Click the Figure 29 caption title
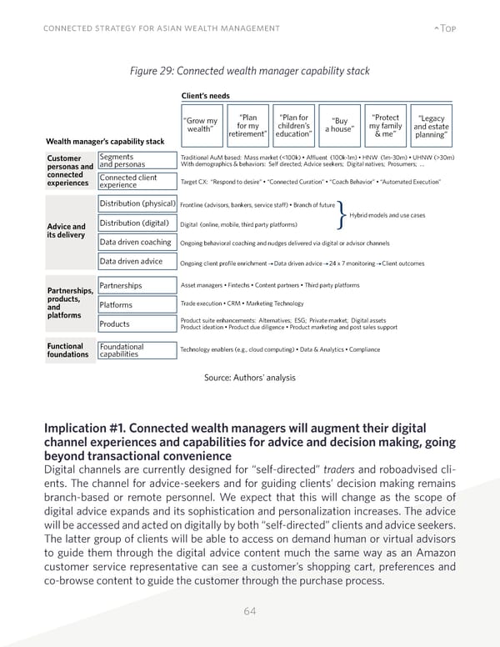249,71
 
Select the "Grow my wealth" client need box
201,124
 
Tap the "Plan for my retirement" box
247,124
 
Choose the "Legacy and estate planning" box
431,124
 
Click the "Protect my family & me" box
386,124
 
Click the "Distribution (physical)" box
136,204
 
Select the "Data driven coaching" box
136,243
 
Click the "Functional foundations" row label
66,351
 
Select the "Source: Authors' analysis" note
249,378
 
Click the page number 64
249,611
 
